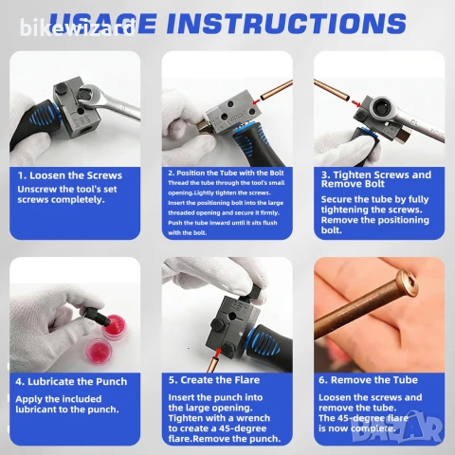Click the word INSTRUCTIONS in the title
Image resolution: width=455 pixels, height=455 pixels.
pyautogui.click(x=286, y=23)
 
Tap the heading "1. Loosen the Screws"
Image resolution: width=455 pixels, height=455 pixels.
pyautogui.click(x=70, y=175)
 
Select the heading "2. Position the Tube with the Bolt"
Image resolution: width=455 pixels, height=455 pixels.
pyautogui.click(x=226, y=173)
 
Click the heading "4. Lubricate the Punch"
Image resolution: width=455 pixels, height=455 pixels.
pyautogui.click(x=71, y=381)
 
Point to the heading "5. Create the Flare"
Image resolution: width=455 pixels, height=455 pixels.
pyautogui.click(x=214, y=380)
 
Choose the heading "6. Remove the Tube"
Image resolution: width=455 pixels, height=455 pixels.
pyautogui.click(x=368, y=380)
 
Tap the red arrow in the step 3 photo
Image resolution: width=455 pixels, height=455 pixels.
pyautogui.click(x=356, y=103)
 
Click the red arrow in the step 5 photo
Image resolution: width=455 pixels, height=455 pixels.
pyautogui.click(x=217, y=353)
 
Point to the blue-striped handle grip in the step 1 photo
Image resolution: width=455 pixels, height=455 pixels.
pyautogui.click(x=42, y=113)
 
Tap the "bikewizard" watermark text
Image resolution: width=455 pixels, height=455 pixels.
pyautogui.click(x=78, y=28)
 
